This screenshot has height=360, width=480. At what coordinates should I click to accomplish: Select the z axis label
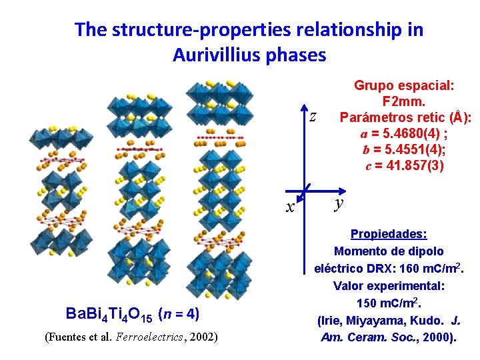313,117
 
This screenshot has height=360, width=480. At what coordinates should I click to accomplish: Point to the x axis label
290,207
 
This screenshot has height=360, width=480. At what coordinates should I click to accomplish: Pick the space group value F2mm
404,101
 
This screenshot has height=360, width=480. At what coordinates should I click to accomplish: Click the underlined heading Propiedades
389,235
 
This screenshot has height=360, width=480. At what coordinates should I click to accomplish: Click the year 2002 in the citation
201,337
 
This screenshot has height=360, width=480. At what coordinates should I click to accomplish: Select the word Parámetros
372,117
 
